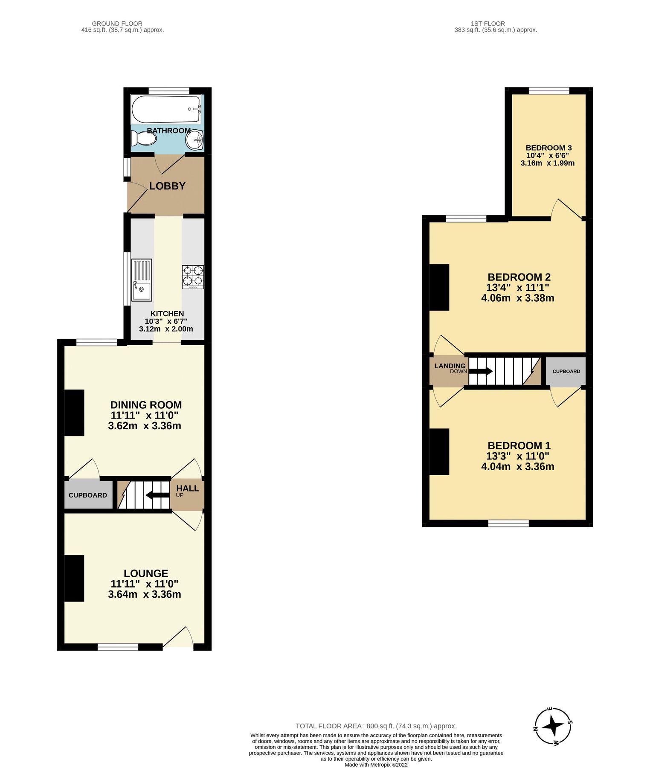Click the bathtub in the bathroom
[x=166, y=110]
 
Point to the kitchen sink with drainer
[x=142, y=280]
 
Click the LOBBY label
[x=167, y=186]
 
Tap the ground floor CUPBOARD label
[x=88, y=495]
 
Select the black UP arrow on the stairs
[x=157, y=495]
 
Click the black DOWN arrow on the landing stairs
[x=481, y=371]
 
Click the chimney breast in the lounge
[x=74, y=578]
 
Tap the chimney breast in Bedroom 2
[x=439, y=287]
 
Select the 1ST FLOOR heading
[x=488, y=23]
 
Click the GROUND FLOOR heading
[x=117, y=23]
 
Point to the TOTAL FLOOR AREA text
[x=376, y=726]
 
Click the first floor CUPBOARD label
[x=566, y=371]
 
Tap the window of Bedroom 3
[x=548, y=90]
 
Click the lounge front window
[x=118, y=647]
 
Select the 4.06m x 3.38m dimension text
[x=517, y=298]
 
